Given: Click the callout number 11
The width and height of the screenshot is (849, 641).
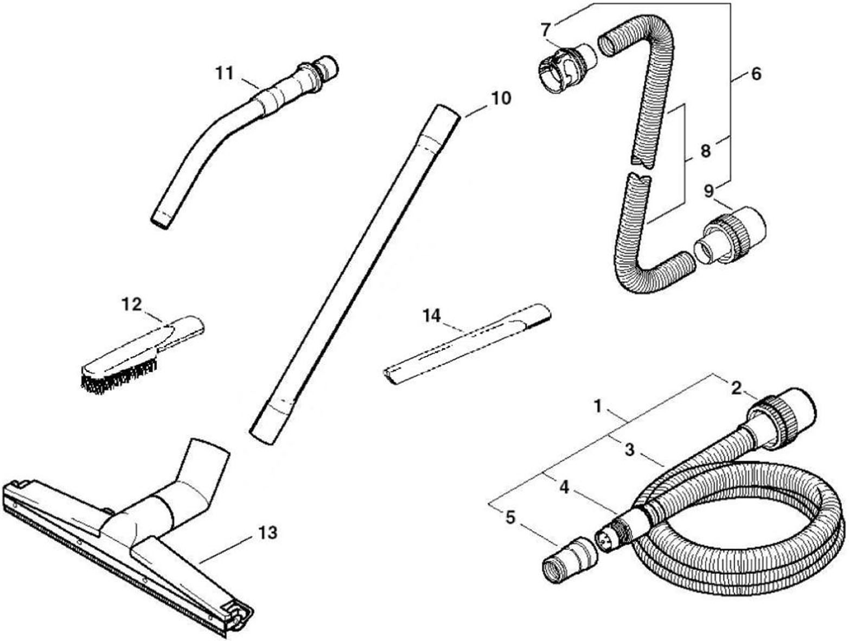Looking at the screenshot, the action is point(225,73).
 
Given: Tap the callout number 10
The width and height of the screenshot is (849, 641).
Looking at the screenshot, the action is point(501,98).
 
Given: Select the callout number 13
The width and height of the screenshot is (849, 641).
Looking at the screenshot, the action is point(267,532).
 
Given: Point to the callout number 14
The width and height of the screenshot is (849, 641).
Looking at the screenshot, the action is point(432,316).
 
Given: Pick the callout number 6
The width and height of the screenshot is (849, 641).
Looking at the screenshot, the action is point(756,74).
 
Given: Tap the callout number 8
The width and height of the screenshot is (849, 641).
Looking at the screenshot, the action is point(706,151).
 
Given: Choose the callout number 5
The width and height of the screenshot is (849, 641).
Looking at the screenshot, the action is point(510,517).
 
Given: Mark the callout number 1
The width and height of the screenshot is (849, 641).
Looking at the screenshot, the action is point(598,406).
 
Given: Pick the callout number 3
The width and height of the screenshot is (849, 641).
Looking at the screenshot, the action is point(630,450).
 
